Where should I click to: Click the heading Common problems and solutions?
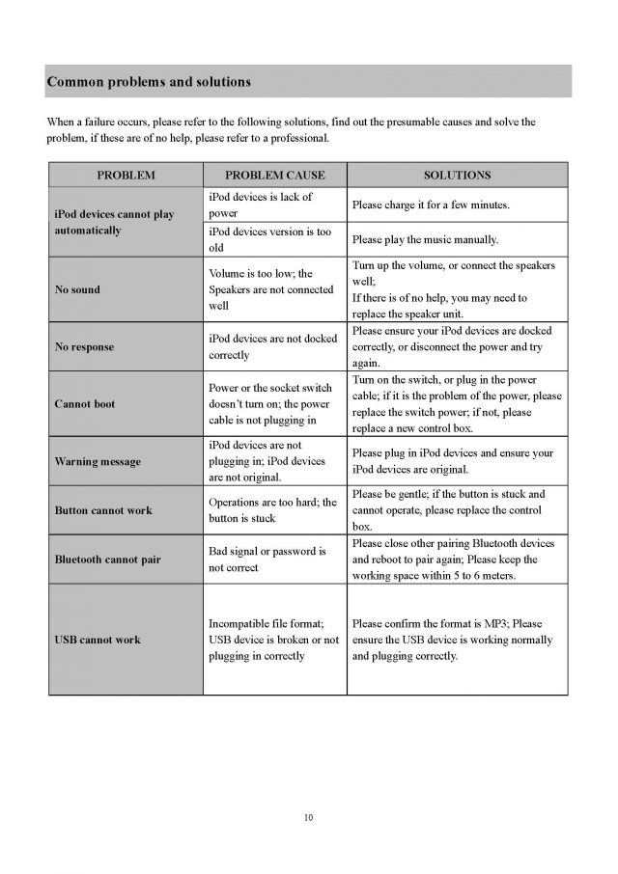pos(149,82)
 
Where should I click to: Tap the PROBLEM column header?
pos(126,176)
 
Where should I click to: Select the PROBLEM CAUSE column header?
pos(275,176)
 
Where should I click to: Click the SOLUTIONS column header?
pos(458,176)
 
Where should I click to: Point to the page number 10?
pos(309,818)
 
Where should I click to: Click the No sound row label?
pos(77,289)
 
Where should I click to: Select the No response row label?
pos(85,347)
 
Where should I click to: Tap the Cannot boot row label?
pos(85,404)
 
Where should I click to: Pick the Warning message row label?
pos(98,461)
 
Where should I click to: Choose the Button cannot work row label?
pos(103,509)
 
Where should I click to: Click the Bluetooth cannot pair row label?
pos(107,560)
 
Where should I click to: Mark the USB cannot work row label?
pos(98,640)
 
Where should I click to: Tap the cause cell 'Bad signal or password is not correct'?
pos(267,560)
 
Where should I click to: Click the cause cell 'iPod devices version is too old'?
pos(269,239)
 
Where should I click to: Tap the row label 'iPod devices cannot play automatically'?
pos(115,223)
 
